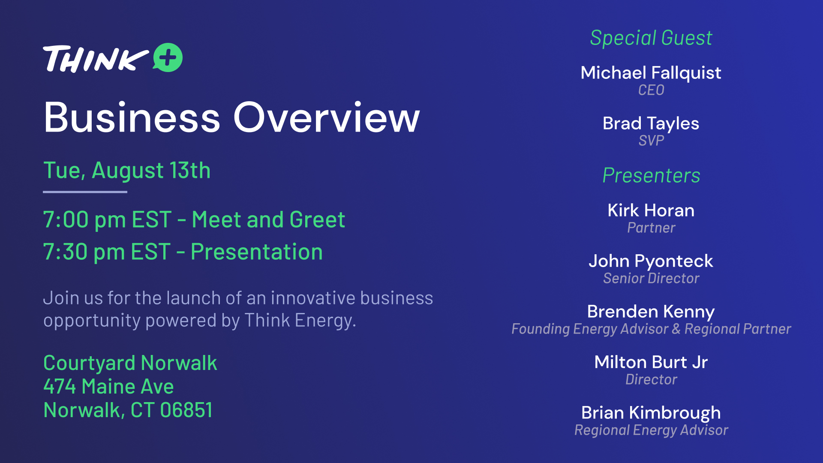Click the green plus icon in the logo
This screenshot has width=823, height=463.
pos(168,57)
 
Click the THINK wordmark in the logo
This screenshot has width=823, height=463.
pos(96,59)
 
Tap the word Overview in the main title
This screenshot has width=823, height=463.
pos(326,117)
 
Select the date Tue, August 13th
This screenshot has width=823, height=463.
pos(127,171)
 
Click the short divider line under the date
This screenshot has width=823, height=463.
pos(85,192)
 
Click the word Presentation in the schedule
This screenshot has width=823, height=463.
pos(257,252)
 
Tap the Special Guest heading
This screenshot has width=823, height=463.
pos(651,38)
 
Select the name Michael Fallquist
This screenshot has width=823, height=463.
pos(651,73)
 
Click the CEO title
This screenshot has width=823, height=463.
pos(651,90)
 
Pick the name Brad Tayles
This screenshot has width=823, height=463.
pos(651,123)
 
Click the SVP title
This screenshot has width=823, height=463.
pos(651,141)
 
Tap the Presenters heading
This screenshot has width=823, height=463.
pos(651,176)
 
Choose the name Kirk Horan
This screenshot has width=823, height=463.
pos(651,210)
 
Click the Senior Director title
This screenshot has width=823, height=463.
pos(651,278)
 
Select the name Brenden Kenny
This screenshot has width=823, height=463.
pos(651,312)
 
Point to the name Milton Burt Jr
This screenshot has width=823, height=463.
pos(651,362)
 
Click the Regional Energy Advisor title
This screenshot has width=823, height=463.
pos(651,430)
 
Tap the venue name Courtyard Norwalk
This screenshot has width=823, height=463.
pos(130,364)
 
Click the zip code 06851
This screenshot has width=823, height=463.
pos(186,410)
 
